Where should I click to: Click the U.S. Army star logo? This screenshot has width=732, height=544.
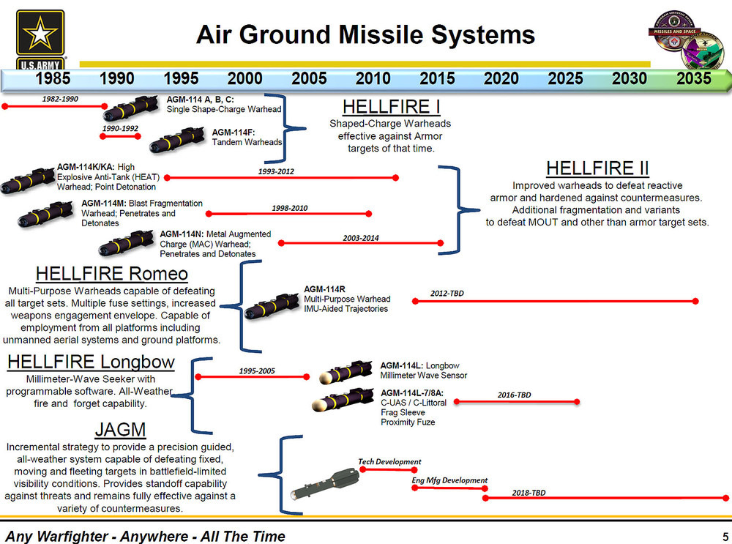[40, 34]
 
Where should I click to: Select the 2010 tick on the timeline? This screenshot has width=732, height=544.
[373, 78]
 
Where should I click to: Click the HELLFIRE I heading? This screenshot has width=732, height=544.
[391, 107]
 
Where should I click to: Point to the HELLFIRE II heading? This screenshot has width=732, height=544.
[597, 168]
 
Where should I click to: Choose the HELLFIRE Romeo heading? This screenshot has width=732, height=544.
[111, 274]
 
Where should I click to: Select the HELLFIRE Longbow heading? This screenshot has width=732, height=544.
[91, 362]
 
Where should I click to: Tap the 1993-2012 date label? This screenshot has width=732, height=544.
[277, 171]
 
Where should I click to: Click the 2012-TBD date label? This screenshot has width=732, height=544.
[447, 294]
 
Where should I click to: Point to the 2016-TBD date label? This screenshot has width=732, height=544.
[514, 395]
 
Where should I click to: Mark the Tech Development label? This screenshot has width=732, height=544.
[389, 461]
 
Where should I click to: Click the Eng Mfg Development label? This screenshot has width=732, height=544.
[450, 480]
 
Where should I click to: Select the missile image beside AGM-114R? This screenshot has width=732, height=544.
[272, 307]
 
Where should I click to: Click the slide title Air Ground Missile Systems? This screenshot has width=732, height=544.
[365, 34]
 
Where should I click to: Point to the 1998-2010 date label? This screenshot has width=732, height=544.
[289, 208]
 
